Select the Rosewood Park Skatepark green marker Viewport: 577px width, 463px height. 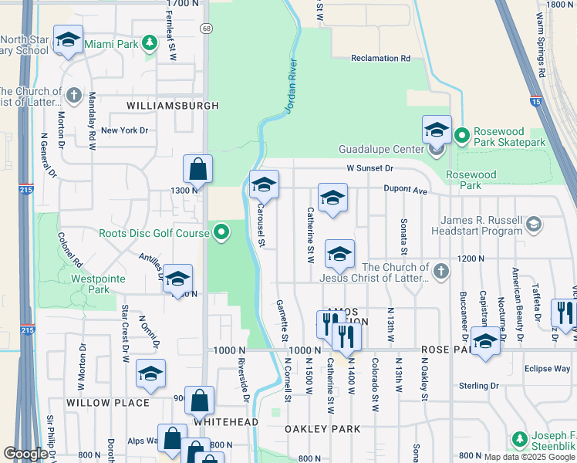461,136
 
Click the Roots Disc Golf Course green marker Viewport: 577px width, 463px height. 221,231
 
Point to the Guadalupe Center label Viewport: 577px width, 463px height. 381,149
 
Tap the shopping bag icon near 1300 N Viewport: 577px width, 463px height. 197,169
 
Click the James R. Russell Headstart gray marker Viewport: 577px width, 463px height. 532,225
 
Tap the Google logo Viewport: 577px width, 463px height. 25,454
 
